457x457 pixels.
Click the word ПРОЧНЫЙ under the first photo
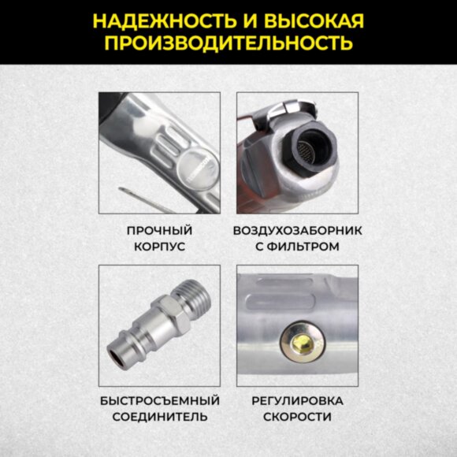click(160, 231)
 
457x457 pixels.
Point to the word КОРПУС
click(160, 247)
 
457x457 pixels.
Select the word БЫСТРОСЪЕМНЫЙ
click(160, 400)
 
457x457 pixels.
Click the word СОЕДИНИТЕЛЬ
click(160, 417)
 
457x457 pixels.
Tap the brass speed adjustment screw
click(299, 341)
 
